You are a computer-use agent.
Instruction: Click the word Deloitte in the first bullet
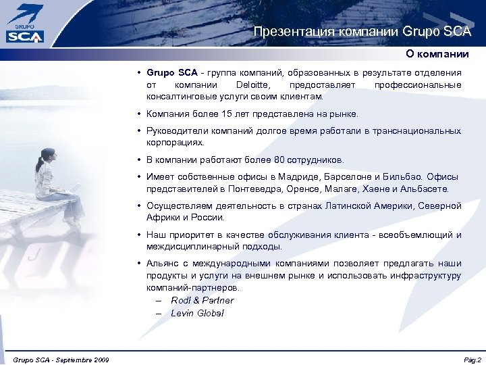251,85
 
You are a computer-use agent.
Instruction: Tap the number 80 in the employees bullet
279,160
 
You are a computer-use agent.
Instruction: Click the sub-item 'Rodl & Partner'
202,300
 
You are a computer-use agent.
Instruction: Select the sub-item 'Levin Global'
197,313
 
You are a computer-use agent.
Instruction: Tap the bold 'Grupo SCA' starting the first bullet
172,72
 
